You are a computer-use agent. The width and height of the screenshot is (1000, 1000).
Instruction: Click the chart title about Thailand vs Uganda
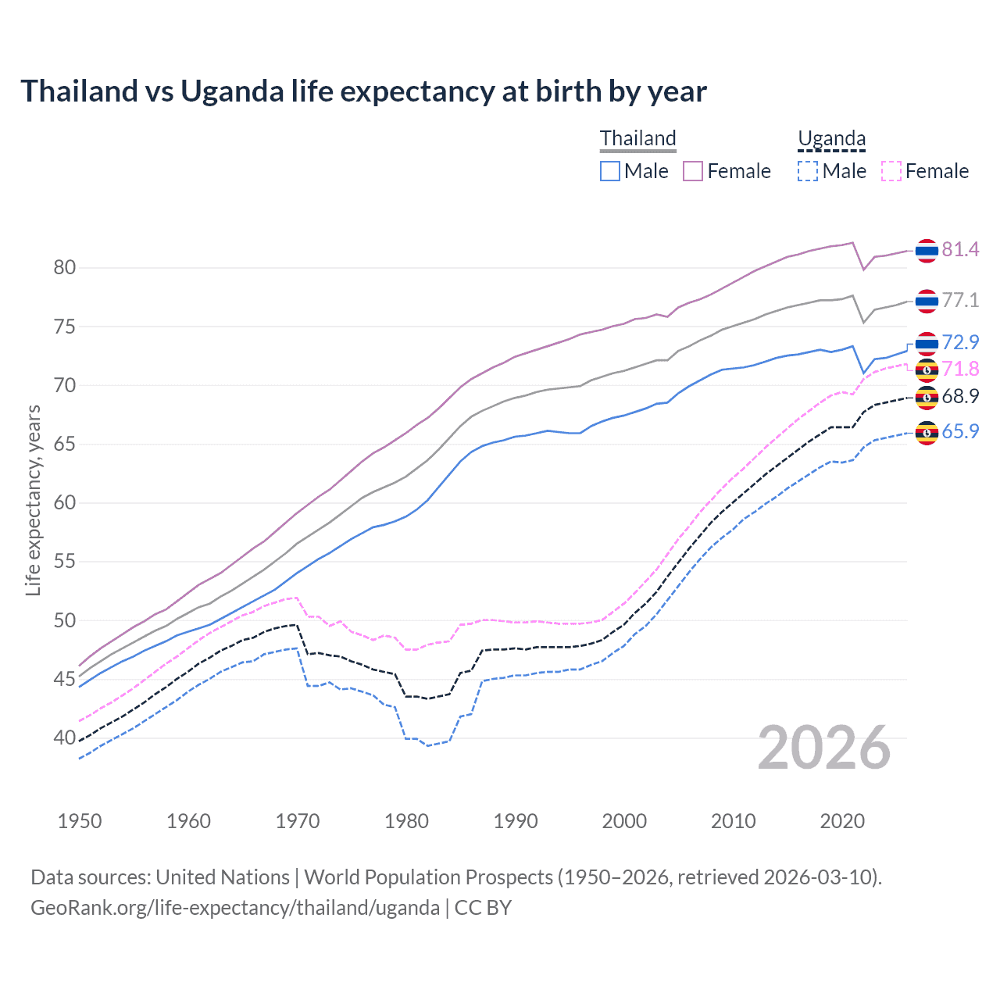[363, 91]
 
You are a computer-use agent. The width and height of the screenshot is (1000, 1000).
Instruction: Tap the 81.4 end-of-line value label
[960, 249]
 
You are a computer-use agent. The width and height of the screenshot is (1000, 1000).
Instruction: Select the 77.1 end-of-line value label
[960, 300]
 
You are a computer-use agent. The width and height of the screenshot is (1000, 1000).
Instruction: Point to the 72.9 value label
[960, 342]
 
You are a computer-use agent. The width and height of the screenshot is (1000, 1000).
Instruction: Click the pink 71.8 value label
[960, 369]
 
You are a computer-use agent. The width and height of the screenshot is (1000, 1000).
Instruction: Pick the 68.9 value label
[960, 396]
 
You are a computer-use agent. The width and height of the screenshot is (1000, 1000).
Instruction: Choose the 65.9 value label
[960, 431]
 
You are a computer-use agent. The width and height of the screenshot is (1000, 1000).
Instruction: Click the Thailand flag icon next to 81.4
[927, 250]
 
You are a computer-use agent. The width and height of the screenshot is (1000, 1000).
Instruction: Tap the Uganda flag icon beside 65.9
[927, 432]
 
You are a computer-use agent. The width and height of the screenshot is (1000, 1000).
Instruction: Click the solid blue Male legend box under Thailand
[610, 171]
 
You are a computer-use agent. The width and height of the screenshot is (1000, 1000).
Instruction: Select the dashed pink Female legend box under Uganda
[891, 171]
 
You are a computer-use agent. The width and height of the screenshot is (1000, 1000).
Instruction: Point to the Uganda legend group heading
[831, 138]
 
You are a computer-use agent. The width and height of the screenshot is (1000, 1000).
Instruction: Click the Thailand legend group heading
[637, 138]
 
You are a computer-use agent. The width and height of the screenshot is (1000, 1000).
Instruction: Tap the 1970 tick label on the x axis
[298, 821]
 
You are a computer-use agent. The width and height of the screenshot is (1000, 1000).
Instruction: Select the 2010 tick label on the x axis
[733, 821]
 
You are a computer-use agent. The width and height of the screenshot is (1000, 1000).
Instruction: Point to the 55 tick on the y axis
[64, 561]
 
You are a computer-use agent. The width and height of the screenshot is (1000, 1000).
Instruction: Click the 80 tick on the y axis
[64, 267]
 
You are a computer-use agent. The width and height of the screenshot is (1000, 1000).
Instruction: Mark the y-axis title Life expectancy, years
[33, 500]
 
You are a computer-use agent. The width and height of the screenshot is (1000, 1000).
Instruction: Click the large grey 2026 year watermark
[824, 748]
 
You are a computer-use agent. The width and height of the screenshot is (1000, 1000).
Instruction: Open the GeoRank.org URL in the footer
[234, 907]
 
